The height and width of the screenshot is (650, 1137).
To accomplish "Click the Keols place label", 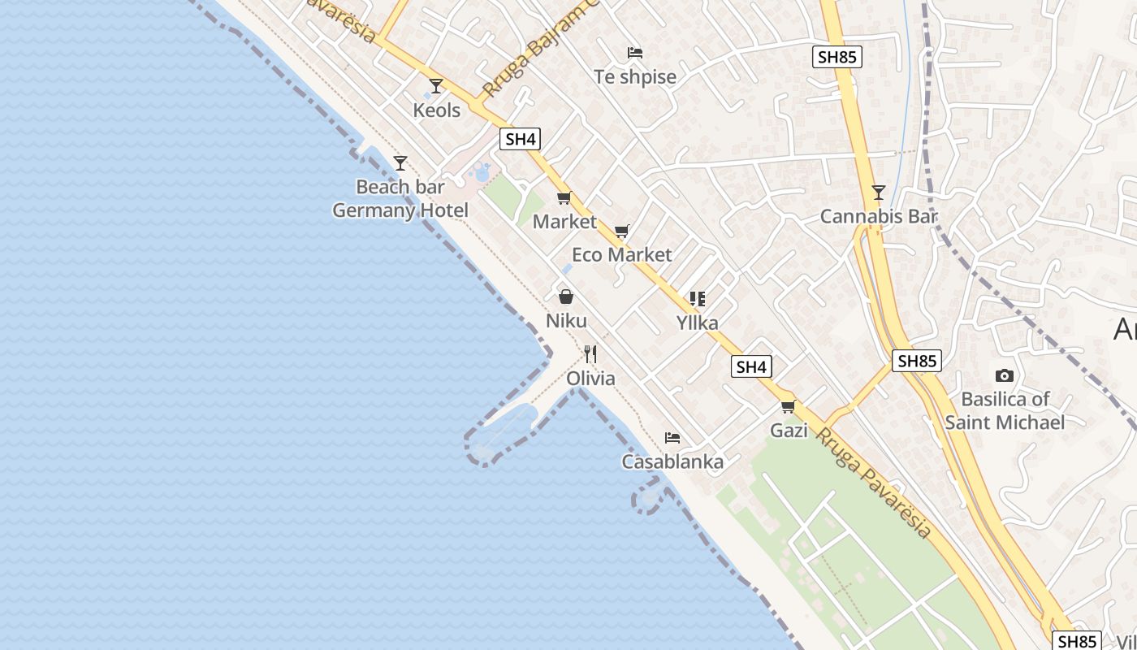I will click(437, 110).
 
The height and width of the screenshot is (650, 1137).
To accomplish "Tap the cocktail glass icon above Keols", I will click(436, 86).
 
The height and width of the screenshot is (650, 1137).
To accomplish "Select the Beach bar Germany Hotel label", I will click(400, 199).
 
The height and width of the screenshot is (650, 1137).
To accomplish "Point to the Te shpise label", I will click(635, 77).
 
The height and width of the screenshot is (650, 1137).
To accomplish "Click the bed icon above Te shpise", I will click(635, 54).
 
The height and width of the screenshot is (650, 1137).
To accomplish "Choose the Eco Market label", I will click(622, 255).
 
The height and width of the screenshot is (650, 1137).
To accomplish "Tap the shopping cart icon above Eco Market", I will click(622, 232).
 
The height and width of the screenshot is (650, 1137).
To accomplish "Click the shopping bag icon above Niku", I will click(566, 297).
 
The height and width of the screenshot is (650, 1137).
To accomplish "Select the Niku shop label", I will click(566, 321).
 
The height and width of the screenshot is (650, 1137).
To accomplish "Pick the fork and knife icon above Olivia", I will click(590, 354).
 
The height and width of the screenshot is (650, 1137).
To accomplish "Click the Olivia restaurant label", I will click(590, 379).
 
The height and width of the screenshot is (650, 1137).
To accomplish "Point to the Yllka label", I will click(698, 323).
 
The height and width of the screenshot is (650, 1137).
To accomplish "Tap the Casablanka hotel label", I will click(672, 462).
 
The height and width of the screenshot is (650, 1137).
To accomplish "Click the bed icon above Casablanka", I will click(672, 438).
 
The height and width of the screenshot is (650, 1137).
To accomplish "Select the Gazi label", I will click(789, 431).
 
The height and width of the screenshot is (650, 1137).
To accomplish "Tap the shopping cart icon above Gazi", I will click(788, 407).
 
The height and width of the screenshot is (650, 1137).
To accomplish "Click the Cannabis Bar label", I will click(879, 217).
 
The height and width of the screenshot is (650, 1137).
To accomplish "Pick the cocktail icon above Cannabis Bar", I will click(878, 193).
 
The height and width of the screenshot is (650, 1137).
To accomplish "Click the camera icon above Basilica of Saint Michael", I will click(1005, 375).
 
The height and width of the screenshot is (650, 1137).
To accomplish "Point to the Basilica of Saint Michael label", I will click(1005, 411).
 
